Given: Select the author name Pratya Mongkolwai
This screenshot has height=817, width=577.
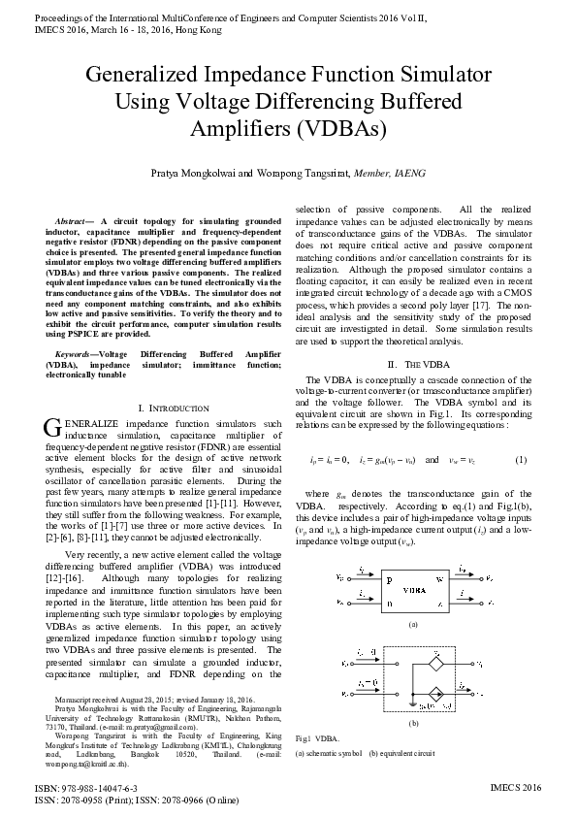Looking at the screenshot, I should pos(196,173).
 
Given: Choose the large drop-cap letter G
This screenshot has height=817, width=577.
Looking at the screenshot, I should pos(52,428).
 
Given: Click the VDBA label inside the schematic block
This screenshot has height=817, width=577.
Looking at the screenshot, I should pos(413,589).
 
